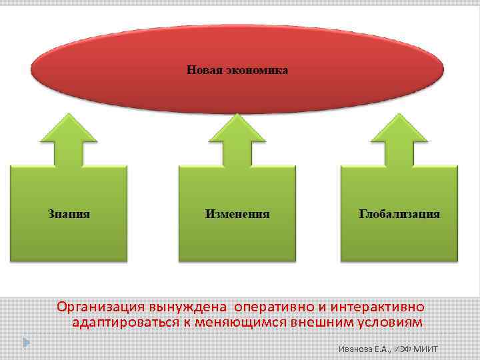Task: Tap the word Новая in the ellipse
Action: [x=204, y=70]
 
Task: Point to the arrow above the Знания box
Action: [x=69, y=140]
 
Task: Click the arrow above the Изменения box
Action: [x=237, y=140]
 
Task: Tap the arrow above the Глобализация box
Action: [x=399, y=140]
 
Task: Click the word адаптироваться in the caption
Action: [x=125, y=323]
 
